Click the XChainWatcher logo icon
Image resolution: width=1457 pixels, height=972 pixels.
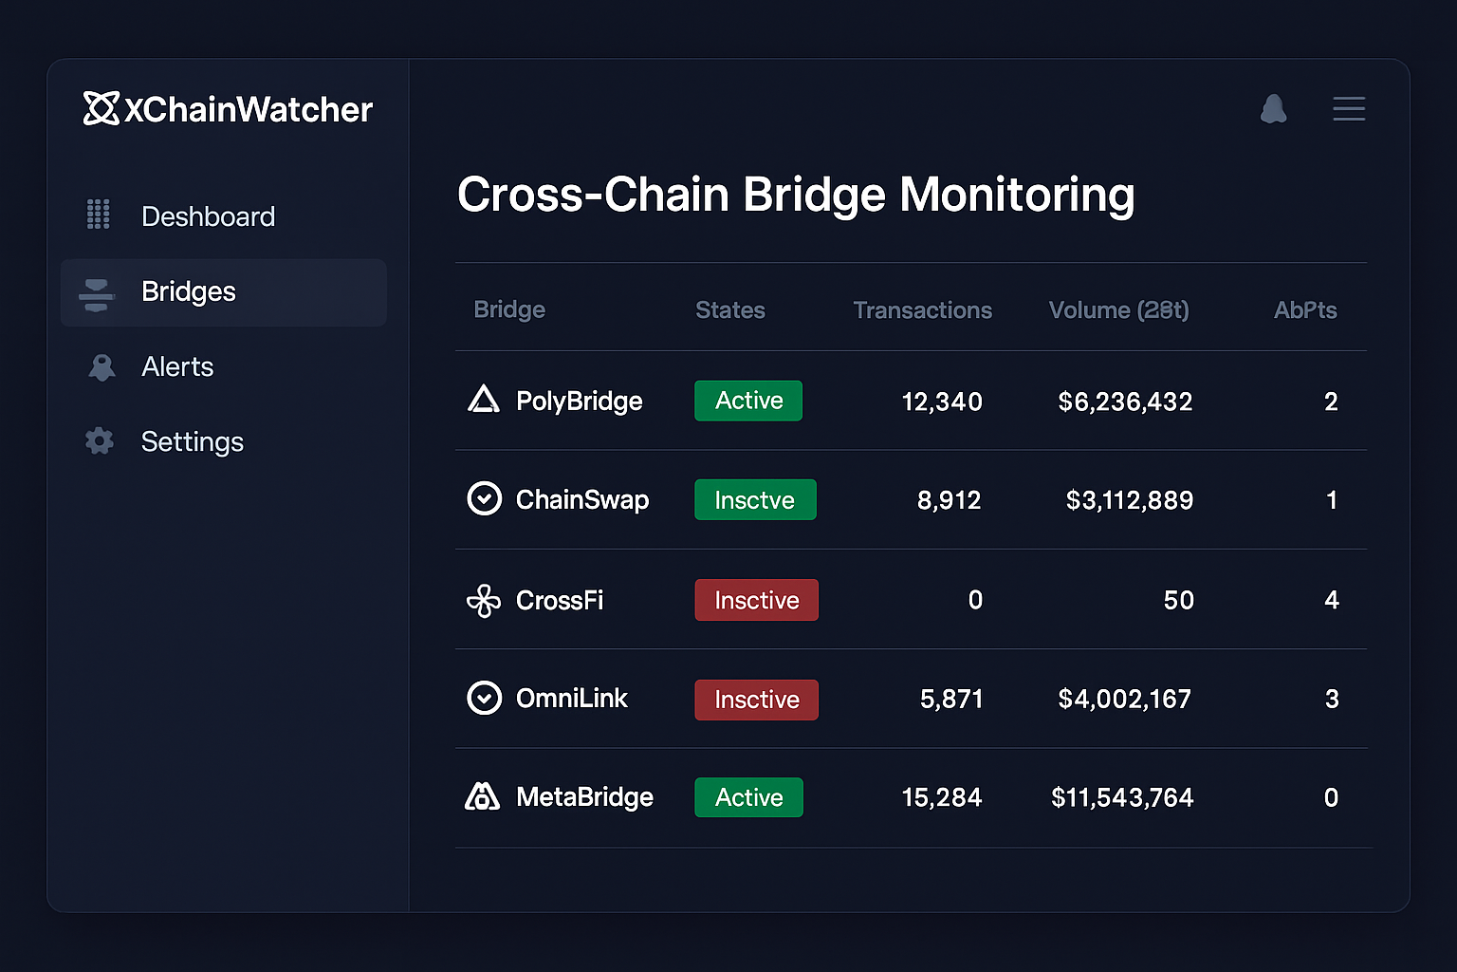(x=101, y=108)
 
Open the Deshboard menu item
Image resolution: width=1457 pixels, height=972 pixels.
(x=208, y=216)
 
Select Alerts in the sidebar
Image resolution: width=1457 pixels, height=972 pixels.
(x=177, y=366)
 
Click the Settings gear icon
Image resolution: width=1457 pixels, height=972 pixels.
(x=100, y=440)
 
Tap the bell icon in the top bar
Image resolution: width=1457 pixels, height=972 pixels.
(x=1273, y=109)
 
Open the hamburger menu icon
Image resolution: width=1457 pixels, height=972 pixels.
(x=1349, y=108)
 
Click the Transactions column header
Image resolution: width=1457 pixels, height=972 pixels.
(x=922, y=310)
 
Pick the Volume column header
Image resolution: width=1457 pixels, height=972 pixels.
(x=1118, y=310)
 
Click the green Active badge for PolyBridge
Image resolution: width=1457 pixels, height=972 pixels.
(x=748, y=401)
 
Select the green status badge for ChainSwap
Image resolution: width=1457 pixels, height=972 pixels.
(x=755, y=499)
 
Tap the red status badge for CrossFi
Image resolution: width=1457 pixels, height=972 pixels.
(x=756, y=600)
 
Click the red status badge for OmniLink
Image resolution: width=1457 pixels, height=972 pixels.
(x=756, y=700)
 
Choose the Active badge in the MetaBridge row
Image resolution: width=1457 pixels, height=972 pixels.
(x=748, y=797)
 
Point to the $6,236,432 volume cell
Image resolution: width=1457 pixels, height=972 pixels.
(x=1125, y=402)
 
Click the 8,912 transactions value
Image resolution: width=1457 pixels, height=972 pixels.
(x=949, y=500)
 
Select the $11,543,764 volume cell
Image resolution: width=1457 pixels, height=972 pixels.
(x=1122, y=797)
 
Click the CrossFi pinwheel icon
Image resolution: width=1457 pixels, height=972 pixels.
(x=484, y=600)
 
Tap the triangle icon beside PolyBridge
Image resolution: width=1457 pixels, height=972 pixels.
(x=484, y=400)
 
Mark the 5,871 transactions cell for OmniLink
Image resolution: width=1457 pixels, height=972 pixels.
(x=951, y=700)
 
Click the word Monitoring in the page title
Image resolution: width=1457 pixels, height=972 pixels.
(x=1017, y=195)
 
